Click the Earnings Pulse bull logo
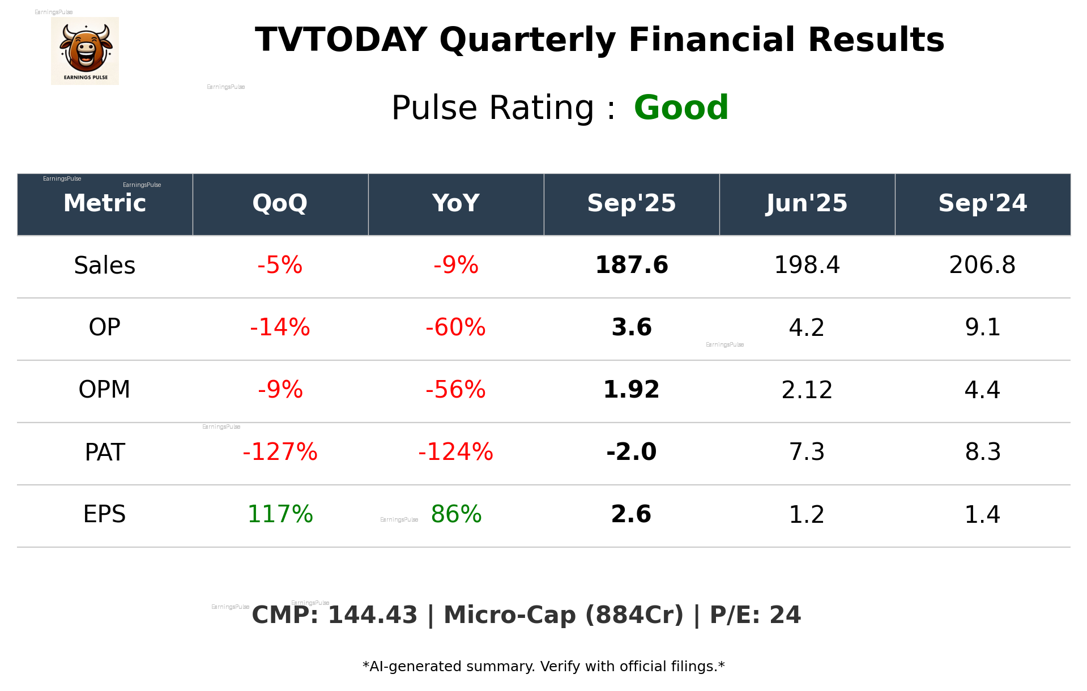(85, 51)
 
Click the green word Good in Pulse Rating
(681, 108)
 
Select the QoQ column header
(280, 203)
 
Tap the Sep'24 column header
(982, 203)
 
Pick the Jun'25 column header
(807, 203)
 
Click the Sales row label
(105, 265)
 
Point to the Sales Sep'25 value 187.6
(631, 265)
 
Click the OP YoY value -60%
(455, 327)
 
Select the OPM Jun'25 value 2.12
(807, 390)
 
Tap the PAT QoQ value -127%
(280, 452)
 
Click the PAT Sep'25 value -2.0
(631, 452)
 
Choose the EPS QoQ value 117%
(280, 514)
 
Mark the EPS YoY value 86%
(456, 514)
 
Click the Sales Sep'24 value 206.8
(982, 265)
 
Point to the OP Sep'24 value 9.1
(982, 327)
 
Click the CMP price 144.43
(372, 615)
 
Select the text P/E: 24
(755, 615)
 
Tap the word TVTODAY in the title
(341, 40)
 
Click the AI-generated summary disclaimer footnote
(543, 667)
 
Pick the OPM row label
(105, 390)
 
